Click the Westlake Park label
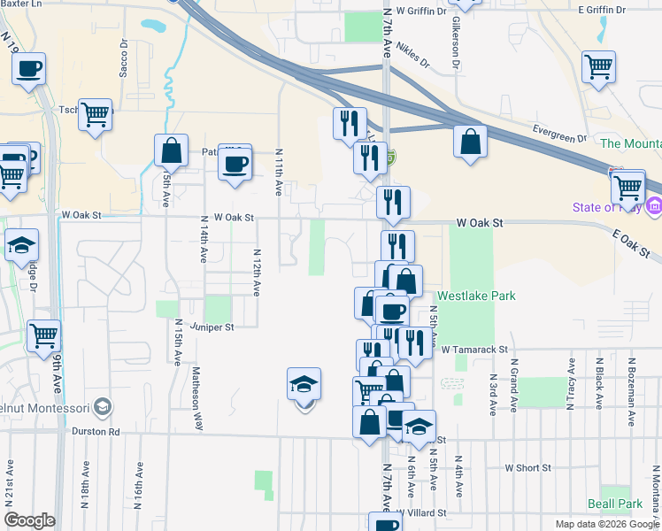pos(475,297)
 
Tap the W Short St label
pos(527,467)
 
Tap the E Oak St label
pos(629,242)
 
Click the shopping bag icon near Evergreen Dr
pos(470,142)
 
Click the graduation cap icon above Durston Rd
pos(304,386)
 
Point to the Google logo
pos(30,520)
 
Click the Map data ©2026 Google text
pos(606,524)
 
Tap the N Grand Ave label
pos(512,386)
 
